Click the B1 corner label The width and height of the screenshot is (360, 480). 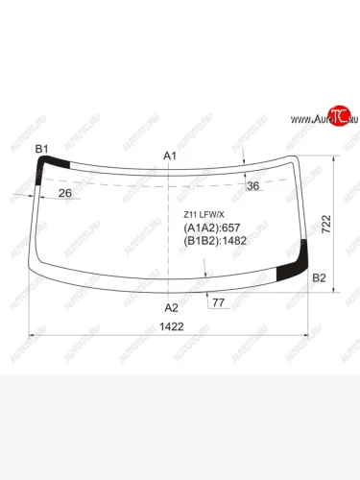pos(41,148)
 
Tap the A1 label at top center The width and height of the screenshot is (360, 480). pos(170,156)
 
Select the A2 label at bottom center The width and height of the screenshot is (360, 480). pos(171,307)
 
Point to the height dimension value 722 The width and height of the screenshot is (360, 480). pos(326,224)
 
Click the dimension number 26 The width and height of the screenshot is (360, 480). pos(64,194)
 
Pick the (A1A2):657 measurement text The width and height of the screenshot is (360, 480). pos(208,228)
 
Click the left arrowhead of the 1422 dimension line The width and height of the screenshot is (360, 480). pos(36,335)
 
